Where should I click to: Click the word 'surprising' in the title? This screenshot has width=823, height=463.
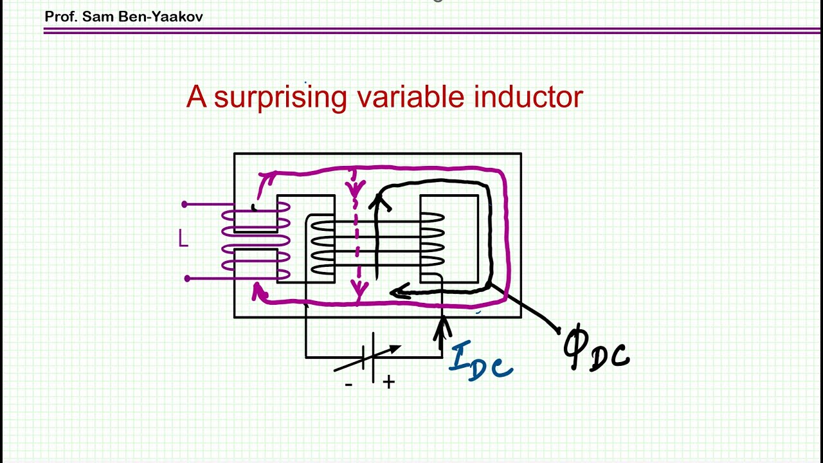click(280, 98)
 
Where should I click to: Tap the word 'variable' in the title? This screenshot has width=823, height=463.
click(410, 96)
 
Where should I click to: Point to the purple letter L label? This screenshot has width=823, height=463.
click(183, 238)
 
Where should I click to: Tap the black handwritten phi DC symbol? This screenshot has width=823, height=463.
click(595, 349)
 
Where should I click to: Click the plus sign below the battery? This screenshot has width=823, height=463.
click(389, 383)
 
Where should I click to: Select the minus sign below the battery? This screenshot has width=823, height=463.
click(348, 385)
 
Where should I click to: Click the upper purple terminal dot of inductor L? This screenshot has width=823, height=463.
click(185, 204)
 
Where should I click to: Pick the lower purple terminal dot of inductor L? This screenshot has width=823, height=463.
click(187, 278)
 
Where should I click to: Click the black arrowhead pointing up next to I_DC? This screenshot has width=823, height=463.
click(442, 327)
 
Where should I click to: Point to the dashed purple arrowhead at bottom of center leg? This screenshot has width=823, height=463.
click(359, 289)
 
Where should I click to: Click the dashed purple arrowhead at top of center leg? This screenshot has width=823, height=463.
click(356, 188)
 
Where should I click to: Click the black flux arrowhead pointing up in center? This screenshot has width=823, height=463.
click(379, 202)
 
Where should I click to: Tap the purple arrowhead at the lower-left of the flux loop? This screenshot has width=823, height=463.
click(258, 292)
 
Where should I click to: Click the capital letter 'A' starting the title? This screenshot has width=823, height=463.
click(196, 96)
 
